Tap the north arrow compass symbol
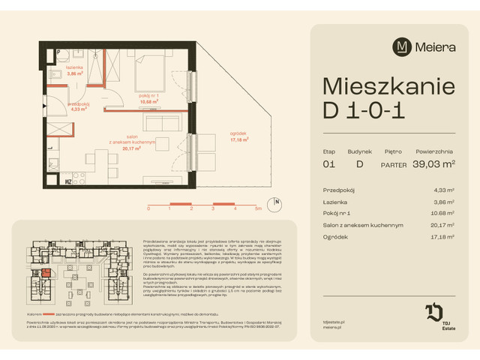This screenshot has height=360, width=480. point(277,202)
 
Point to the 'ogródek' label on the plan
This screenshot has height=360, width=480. point(239,135)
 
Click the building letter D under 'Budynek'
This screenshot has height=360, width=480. point(359,163)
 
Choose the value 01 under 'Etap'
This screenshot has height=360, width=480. point(328,163)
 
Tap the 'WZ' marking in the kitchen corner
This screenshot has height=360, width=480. point(67,181)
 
